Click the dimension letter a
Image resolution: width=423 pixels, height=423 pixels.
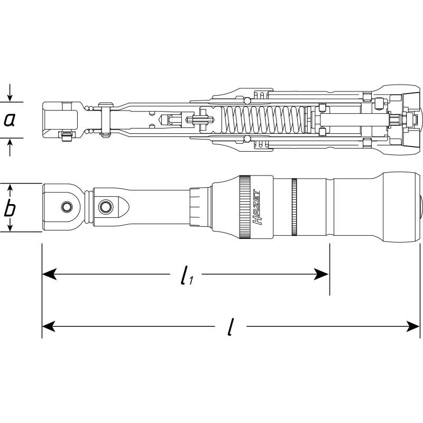coord(9,119)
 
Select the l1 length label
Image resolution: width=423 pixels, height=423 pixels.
coord(185,275)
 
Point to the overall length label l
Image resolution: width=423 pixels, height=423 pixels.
coord(229,328)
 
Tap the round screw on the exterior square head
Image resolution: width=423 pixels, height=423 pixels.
coord(67,206)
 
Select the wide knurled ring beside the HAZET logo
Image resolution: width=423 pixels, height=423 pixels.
coord(244,207)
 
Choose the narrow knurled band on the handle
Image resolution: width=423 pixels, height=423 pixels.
coord(294,207)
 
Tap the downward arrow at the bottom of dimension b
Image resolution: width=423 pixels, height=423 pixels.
coord(10,226)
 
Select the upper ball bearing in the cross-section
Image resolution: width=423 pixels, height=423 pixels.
coord(246,100)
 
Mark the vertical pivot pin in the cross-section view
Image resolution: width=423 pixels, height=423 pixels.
coord(105,120)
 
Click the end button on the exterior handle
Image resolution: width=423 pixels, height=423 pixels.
coord(420,207)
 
